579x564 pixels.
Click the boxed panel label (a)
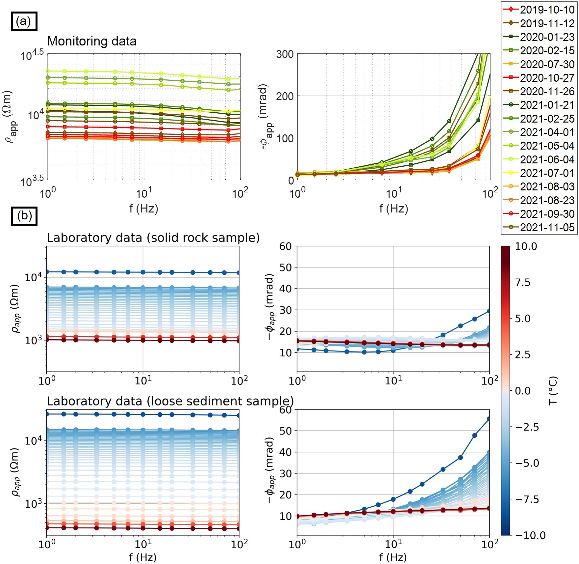pyautogui.click(x=24, y=21)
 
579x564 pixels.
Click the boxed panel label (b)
pyautogui.click(x=24, y=216)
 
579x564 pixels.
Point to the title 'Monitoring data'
pyautogui.click(x=92, y=41)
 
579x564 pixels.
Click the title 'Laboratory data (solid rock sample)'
pyautogui.click(x=153, y=238)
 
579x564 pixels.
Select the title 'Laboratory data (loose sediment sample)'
pyautogui.click(x=170, y=401)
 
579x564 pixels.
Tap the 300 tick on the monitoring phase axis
pyautogui.click(x=285, y=54)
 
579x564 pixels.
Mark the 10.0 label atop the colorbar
pyautogui.click(x=526, y=246)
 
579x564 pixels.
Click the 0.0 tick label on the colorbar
pyautogui.click(x=522, y=391)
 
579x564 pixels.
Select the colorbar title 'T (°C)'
pyautogui.click(x=553, y=391)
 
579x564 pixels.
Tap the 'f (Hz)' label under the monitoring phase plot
pyautogui.click(x=393, y=209)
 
